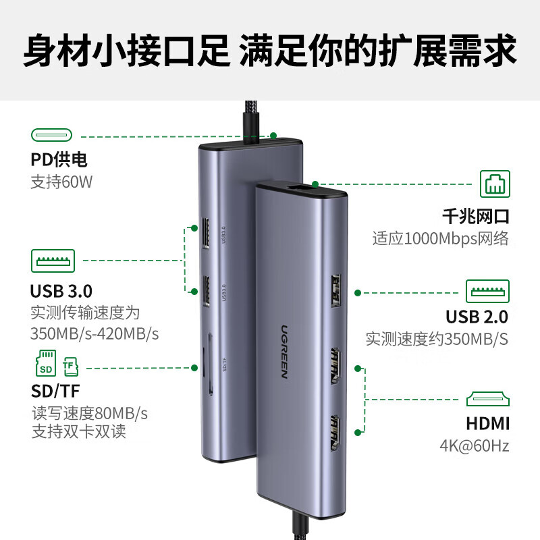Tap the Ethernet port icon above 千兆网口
495,184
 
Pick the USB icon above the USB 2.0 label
488,291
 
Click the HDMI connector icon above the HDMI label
488,398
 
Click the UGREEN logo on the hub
278,350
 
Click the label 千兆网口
475,217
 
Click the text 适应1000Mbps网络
440,238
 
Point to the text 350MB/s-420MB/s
94,334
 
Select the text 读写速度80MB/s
90,412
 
